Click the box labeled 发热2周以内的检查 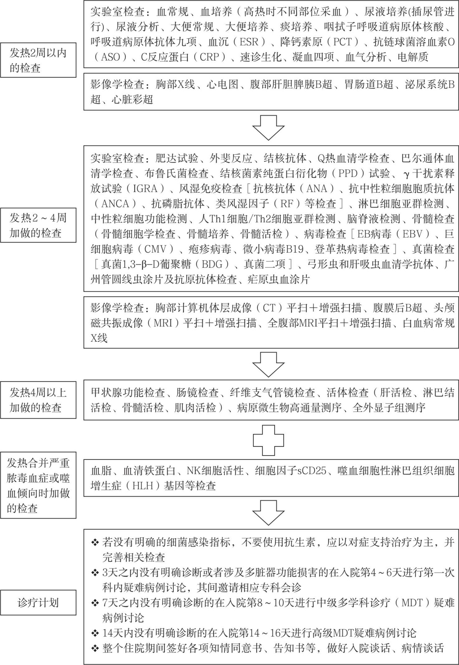pos(38,60)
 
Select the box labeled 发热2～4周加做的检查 pos(38,225)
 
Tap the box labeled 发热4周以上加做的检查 pos(38,400)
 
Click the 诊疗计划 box pos(38,602)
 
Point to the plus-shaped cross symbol pos(268,440)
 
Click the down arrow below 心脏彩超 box pos(268,128)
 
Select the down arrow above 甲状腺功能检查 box pos(268,365)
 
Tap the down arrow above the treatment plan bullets pos(268,513)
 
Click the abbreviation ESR pos(249,42)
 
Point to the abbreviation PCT pos(342,42)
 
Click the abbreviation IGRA pos(145,189)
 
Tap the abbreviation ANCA pos(115,204)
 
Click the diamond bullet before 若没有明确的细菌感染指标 pos(95,542)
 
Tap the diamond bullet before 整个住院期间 pos(95,648)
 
